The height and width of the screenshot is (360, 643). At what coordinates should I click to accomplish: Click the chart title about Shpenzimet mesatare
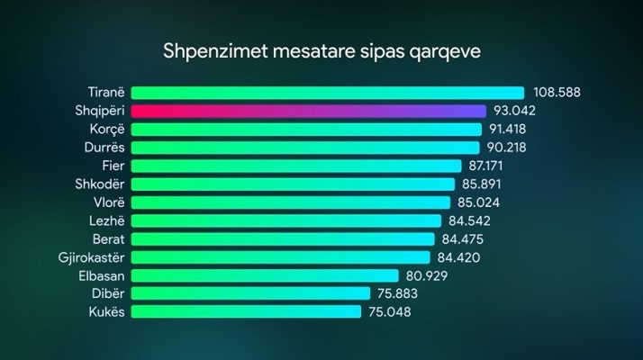(x=321, y=51)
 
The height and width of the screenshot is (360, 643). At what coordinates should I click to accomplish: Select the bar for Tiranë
(x=328, y=93)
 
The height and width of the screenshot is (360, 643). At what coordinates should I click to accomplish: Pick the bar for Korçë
(x=306, y=129)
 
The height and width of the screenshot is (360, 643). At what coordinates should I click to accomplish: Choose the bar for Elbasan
(x=265, y=275)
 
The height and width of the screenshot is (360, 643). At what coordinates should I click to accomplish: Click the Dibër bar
(x=250, y=293)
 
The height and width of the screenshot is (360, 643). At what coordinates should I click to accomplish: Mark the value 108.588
(x=558, y=93)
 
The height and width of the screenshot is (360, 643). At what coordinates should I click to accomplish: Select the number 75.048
(x=394, y=312)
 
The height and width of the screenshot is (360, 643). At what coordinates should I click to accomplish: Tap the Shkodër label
(x=101, y=184)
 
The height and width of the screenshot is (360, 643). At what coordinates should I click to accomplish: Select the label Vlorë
(x=108, y=202)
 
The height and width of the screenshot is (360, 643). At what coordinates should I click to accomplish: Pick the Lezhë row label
(x=106, y=220)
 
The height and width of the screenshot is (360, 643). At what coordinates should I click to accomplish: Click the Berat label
(x=108, y=239)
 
